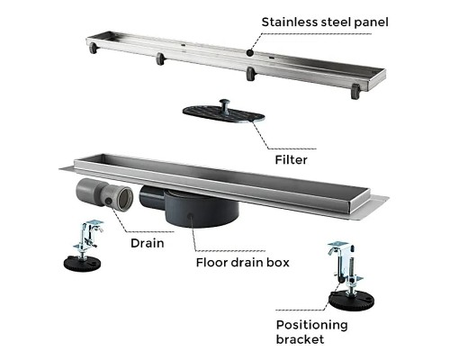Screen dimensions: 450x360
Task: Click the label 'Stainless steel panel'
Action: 325,22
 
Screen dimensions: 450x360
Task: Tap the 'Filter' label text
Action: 291,160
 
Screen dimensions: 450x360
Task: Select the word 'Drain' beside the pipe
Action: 148,243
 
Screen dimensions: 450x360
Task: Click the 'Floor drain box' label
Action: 243,263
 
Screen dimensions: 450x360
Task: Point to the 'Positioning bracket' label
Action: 312,332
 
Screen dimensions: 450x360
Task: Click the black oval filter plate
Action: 223,114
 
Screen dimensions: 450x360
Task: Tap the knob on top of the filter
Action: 224,105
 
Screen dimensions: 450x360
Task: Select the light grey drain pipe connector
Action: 104,193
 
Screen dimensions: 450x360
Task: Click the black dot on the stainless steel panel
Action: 250,53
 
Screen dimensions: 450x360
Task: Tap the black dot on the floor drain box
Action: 190,216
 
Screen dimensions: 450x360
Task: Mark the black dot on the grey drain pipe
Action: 109,202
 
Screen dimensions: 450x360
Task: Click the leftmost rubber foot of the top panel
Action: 93,48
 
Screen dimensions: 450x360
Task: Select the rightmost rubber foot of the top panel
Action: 355,91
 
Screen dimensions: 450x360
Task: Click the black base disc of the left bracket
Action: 82,264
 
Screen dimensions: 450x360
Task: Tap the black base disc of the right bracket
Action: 351,299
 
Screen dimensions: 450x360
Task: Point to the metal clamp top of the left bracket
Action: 93,226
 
